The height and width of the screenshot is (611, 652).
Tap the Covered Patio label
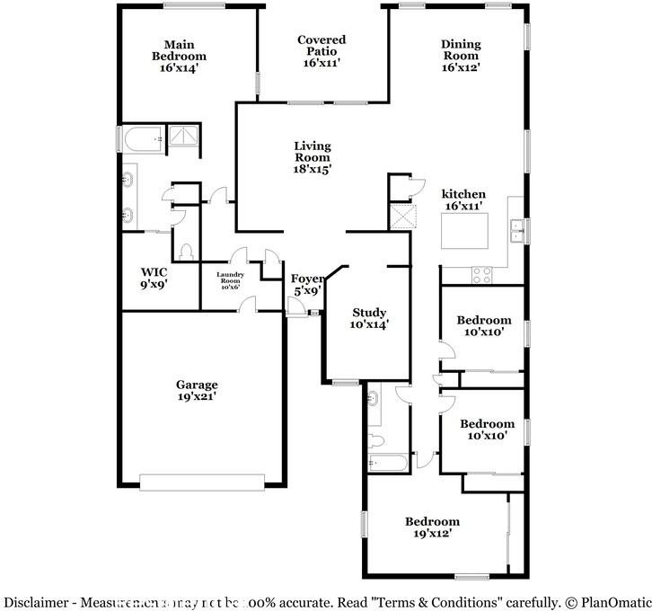[x=322, y=51]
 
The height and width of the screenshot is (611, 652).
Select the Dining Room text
[x=461, y=56]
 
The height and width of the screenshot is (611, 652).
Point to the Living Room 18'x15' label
[x=313, y=157]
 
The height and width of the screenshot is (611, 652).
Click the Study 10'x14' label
[x=369, y=319]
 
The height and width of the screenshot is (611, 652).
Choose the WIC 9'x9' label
[x=154, y=278]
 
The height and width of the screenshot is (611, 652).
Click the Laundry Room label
[x=230, y=280]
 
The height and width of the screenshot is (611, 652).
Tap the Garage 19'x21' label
[x=197, y=391]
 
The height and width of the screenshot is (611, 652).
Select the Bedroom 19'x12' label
[x=431, y=527]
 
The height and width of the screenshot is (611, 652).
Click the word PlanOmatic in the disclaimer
[x=613, y=602]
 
